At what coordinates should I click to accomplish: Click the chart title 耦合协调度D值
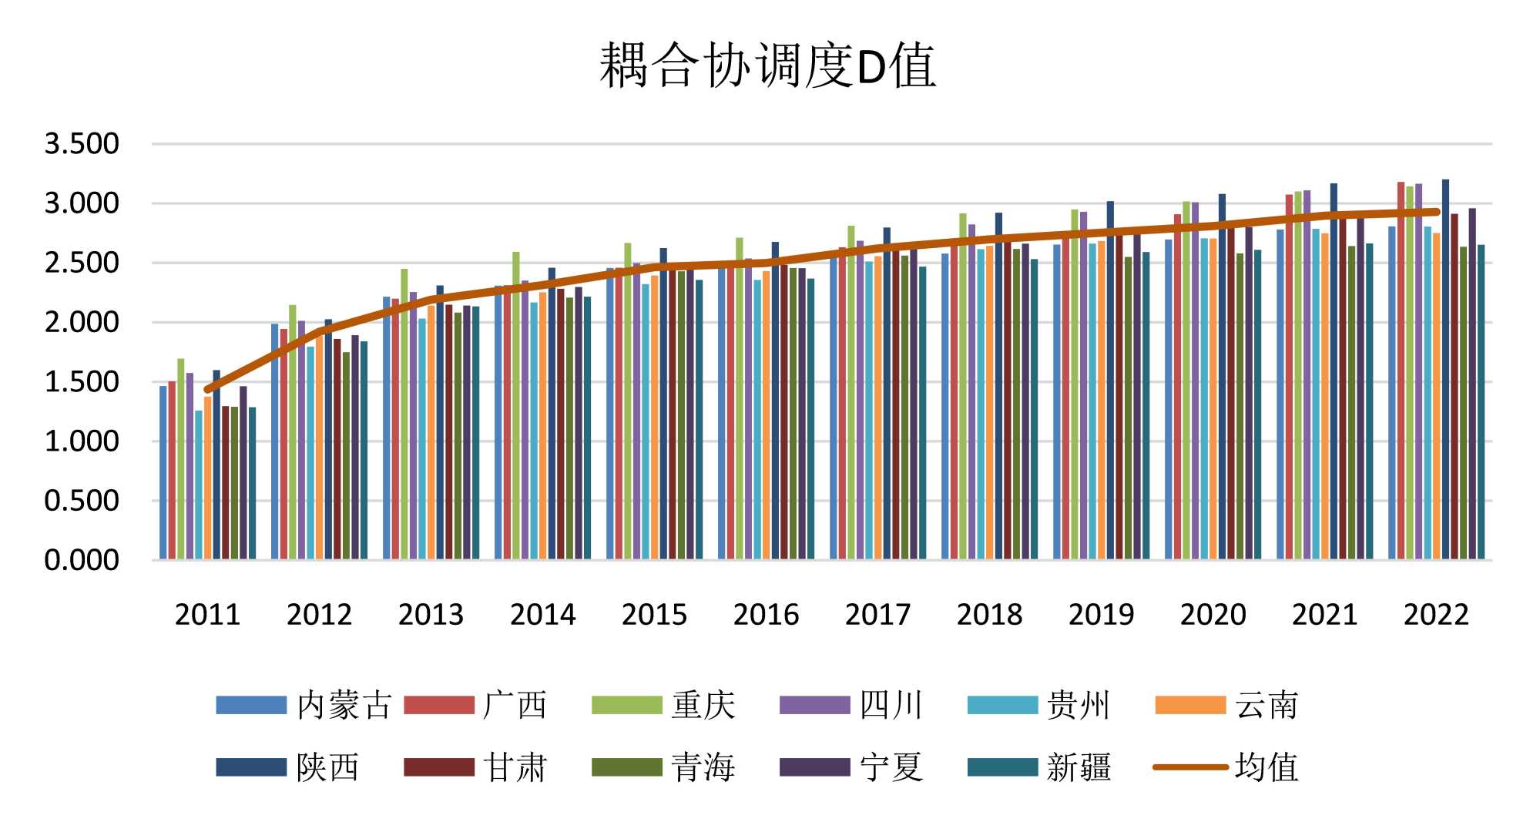click(767, 65)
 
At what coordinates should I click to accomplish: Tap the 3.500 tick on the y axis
click(82, 144)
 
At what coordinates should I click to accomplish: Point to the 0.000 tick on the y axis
click(82, 560)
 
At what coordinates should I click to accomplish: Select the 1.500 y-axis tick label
click(82, 382)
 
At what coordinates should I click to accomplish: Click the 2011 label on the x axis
click(207, 615)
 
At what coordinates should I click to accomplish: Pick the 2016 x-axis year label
click(766, 615)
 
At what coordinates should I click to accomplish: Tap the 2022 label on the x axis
click(1436, 615)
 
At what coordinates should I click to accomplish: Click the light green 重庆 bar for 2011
click(181, 462)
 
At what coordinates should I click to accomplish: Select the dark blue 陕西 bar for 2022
click(1445, 370)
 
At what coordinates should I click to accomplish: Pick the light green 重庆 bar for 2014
click(516, 408)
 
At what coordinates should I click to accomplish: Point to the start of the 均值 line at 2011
click(207, 390)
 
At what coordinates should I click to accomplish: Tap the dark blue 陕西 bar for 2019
click(1110, 381)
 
